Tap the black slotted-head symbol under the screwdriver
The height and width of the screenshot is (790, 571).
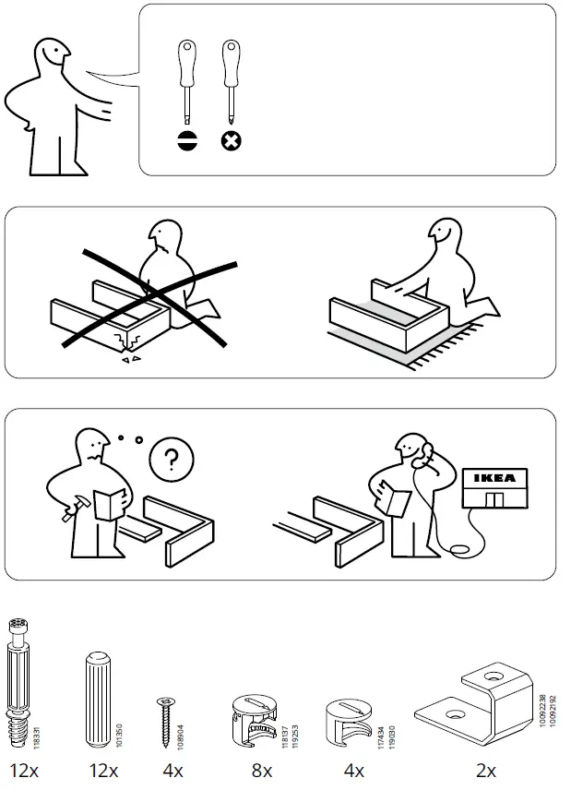[x=186, y=141]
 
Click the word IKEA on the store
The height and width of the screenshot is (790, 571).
[x=496, y=477]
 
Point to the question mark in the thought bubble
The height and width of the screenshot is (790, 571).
[x=166, y=459]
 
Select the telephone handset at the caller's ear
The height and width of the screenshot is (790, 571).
[x=427, y=453]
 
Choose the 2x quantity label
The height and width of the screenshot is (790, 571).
[x=485, y=771]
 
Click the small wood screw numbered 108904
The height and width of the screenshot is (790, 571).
[x=167, y=712]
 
